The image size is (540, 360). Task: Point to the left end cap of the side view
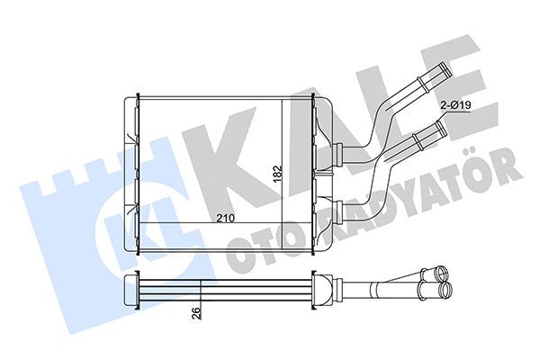(x=130, y=288)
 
